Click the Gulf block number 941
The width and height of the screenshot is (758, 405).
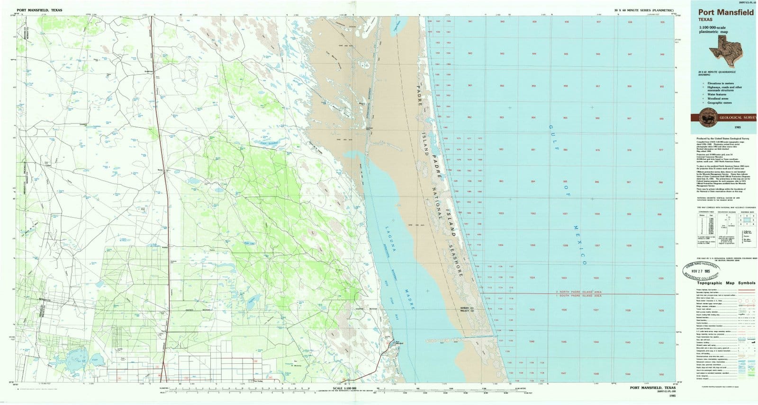[470, 22]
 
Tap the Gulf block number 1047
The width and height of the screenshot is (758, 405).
[563, 374]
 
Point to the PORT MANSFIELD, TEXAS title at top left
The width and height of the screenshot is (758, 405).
[39, 9]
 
